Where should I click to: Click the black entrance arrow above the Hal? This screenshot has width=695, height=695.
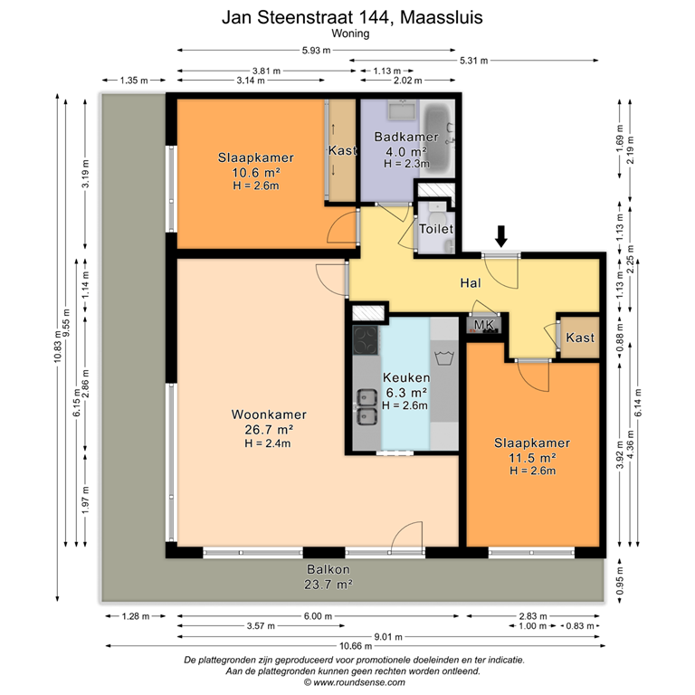501,236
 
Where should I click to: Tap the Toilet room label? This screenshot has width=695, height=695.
435,230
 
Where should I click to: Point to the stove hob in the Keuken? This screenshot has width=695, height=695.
366,340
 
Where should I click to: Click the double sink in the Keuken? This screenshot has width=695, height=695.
367,406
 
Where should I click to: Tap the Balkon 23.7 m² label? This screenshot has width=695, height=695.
328,577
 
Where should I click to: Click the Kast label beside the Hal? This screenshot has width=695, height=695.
580,338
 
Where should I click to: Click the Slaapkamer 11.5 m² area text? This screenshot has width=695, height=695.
531,457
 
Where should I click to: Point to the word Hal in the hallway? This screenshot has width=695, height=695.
470,283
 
